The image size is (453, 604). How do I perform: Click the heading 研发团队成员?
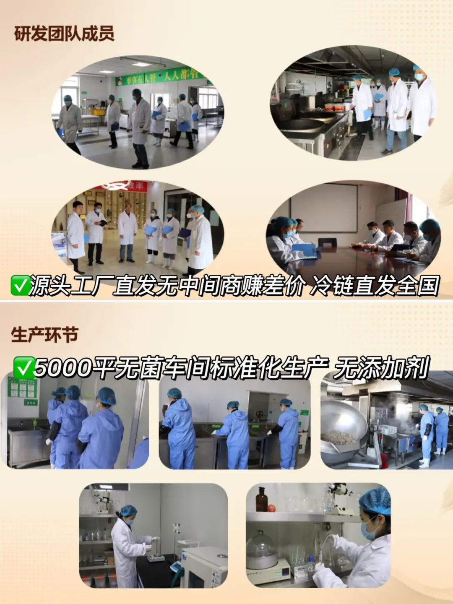(64, 34)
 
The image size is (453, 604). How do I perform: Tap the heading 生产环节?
(44, 335)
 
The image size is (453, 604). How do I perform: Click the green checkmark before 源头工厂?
(20, 286)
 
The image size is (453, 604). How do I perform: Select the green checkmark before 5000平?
(24, 368)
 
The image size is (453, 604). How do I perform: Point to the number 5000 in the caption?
(63, 368)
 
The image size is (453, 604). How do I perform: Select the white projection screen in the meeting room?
(324, 208)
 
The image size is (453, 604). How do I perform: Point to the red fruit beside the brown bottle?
(272, 508)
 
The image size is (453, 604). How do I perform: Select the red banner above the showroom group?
(126, 186)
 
